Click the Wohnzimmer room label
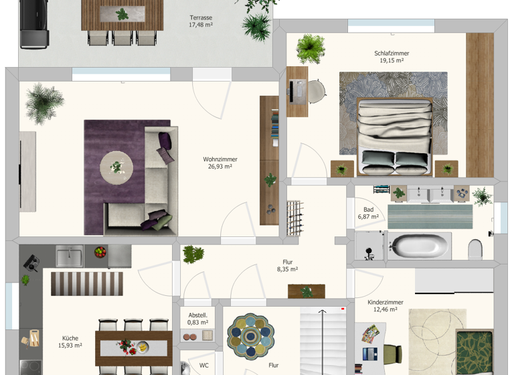point(220,159)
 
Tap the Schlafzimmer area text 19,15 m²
point(392,61)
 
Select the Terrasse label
point(200,17)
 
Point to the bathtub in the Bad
point(421,245)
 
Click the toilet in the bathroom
point(476,248)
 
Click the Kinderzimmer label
point(385,302)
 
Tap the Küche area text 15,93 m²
point(70,346)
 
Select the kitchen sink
point(69,255)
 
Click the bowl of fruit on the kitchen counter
point(100,253)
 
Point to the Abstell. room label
point(197,315)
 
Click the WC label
point(203,366)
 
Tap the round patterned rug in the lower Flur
point(250,337)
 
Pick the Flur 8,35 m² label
point(287,266)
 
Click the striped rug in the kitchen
point(87,283)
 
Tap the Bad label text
point(368,209)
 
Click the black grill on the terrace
point(34,24)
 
